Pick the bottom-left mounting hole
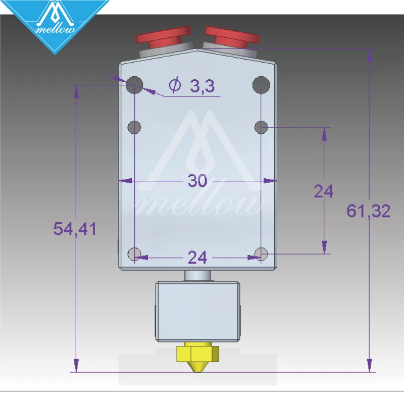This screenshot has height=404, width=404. pos(135,254)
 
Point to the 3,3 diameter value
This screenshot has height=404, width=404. pos(202,86)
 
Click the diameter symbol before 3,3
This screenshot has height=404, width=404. pos(175,85)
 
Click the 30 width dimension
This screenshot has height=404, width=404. pos(197,181)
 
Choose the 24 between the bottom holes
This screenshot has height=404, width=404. pos(197,258)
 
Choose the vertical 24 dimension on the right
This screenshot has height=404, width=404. pos(323,191)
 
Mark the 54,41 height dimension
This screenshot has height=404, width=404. pos(75,229)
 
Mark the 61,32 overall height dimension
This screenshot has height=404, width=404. pos(368,211)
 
